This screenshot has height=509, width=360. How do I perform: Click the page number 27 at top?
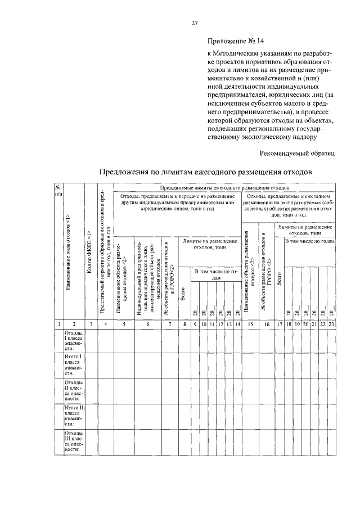(195, 23)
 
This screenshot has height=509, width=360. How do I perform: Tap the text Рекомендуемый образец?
(297, 153)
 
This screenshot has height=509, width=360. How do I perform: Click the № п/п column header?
(57, 191)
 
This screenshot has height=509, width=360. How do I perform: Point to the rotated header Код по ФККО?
(90, 251)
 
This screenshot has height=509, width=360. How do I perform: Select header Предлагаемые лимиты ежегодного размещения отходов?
(224, 185)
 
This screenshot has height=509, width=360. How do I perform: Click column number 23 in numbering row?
(331, 325)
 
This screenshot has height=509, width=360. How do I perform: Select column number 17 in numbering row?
(279, 325)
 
